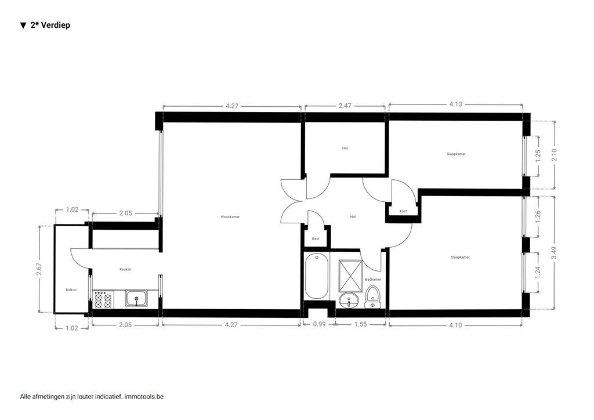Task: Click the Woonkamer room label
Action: click(x=230, y=217)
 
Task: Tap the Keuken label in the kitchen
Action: click(x=125, y=269)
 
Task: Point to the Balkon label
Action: click(x=71, y=289)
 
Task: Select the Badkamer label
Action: click(x=373, y=279)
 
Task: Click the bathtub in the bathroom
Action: click(x=316, y=276)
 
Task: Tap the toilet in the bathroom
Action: click(x=372, y=297)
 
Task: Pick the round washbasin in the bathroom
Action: click(x=349, y=300)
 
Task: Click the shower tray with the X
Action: click(x=350, y=275)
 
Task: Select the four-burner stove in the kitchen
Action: click(x=103, y=299)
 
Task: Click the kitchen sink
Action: click(x=137, y=298)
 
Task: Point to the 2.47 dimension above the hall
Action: click(x=345, y=106)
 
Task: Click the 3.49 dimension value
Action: click(x=554, y=252)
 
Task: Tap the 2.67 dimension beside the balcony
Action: click(x=39, y=269)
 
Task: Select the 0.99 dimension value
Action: click(x=320, y=324)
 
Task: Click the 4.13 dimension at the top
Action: click(x=455, y=104)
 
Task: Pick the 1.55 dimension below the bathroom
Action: click(x=360, y=324)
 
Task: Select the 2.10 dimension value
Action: click(x=555, y=154)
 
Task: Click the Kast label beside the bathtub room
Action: click(x=316, y=238)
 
